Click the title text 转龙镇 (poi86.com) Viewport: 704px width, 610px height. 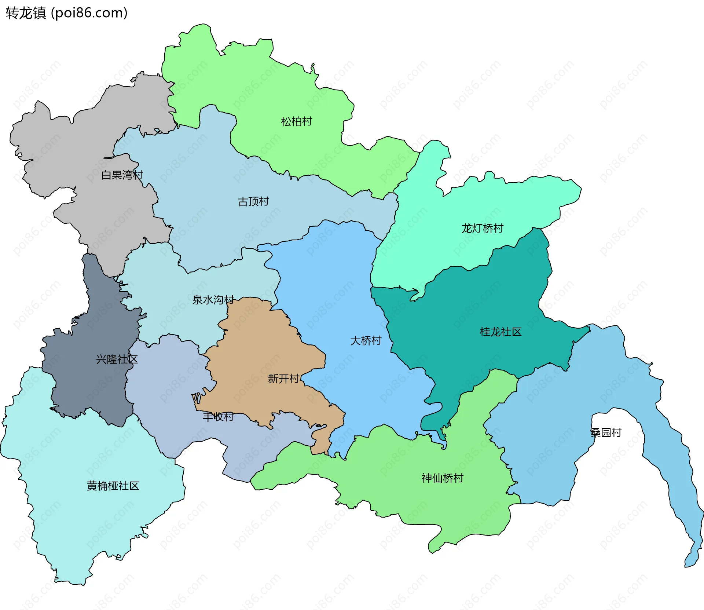pyautogui.click(x=66, y=13)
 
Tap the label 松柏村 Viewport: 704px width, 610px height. pyautogui.click(x=296, y=121)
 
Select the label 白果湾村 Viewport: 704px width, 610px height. pyautogui.click(x=122, y=175)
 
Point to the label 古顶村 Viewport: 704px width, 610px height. pyautogui.click(x=253, y=201)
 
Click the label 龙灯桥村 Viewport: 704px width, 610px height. pyautogui.click(x=482, y=229)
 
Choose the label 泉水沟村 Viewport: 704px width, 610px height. pyautogui.click(x=213, y=300)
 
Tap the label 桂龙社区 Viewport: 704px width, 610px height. pyautogui.click(x=500, y=332)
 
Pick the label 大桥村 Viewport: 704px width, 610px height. pyautogui.click(x=366, y=341)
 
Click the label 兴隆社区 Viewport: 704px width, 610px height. pyautogui.click(x=117, y=359)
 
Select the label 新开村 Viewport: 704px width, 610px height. pyautogui.click(x=283, y=379)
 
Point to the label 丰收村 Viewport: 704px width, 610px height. pyautogui.click(x=218, y=417)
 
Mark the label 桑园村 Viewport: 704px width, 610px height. pyautogui.click(x=606, y=433)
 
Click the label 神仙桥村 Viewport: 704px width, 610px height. pyautogui.click(x=442, y=478)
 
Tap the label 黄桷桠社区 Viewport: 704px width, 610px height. pyautogui.click(x=113, y=486)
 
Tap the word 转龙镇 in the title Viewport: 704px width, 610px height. pyautogui.click(x=26, y=13)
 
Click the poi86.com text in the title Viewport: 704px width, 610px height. pyautogui.click(x=89, y=13)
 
